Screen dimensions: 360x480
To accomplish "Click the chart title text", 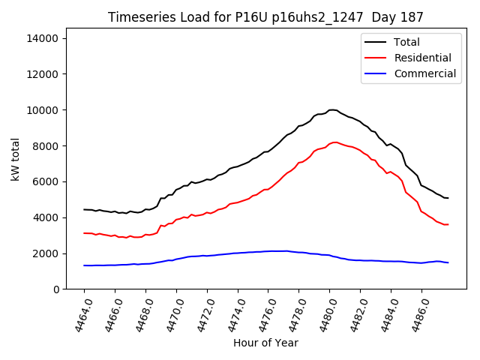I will click(265, 17).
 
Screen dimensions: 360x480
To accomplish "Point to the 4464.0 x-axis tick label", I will click(79, 317).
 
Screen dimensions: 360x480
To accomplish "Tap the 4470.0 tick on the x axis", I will click(171, 317).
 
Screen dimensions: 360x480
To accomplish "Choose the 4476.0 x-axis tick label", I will click(263, 317).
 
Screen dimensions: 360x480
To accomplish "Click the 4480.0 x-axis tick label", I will click(325, 317).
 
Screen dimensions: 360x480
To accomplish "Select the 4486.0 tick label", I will click(416, 317).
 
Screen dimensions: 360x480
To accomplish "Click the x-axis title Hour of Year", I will click(265, 343).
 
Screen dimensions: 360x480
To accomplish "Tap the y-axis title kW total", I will click(15, 163).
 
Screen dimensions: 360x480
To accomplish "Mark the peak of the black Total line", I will click(332, 110).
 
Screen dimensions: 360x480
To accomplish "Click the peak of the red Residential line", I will click(334, 142).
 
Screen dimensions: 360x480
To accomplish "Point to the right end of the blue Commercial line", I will click(448, 262).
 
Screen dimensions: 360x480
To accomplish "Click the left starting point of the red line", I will click(84, 233).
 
